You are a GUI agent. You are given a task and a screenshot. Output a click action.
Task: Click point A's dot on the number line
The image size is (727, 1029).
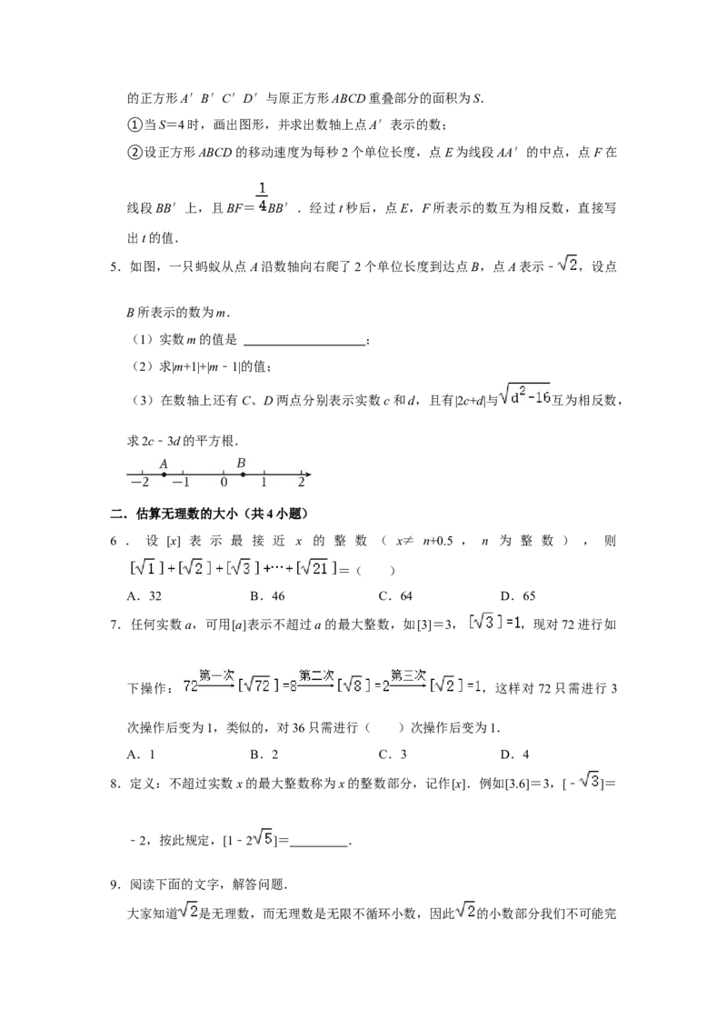[164, 474]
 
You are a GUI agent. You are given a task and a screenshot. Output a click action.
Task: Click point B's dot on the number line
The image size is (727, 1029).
[243, 474]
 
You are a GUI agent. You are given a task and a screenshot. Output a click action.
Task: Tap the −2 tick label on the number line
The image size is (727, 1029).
[140, 483]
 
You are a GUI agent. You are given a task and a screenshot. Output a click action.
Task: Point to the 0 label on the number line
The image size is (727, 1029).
[224, 483]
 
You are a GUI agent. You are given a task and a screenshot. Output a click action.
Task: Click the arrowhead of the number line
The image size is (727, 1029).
[307, 474]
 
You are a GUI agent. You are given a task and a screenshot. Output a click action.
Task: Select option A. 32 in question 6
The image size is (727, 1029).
[144, 596]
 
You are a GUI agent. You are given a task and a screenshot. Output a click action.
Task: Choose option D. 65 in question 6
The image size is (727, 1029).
[518, 596]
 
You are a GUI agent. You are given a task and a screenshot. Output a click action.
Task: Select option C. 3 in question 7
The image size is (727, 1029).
[393, 754]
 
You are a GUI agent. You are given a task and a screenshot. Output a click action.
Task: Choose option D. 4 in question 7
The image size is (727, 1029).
[514, 754]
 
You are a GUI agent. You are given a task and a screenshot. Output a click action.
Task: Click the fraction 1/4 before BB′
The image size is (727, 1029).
[262, 197]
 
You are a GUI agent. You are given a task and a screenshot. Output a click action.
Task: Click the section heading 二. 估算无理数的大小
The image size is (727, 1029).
[209, 514]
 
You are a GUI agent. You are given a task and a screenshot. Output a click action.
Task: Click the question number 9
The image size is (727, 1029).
[115, 884]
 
